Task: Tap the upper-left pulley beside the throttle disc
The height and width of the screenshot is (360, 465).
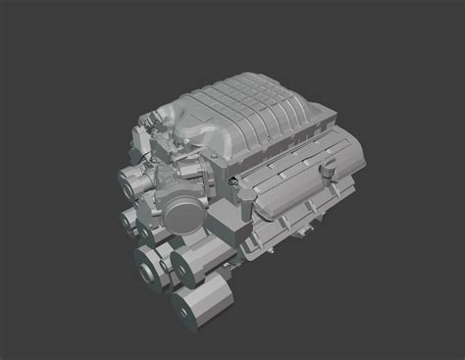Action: tap(131, 180)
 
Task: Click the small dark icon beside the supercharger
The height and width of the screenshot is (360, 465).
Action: tap(234, 181)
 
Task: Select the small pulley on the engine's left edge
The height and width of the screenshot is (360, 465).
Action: tap(127, 220)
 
